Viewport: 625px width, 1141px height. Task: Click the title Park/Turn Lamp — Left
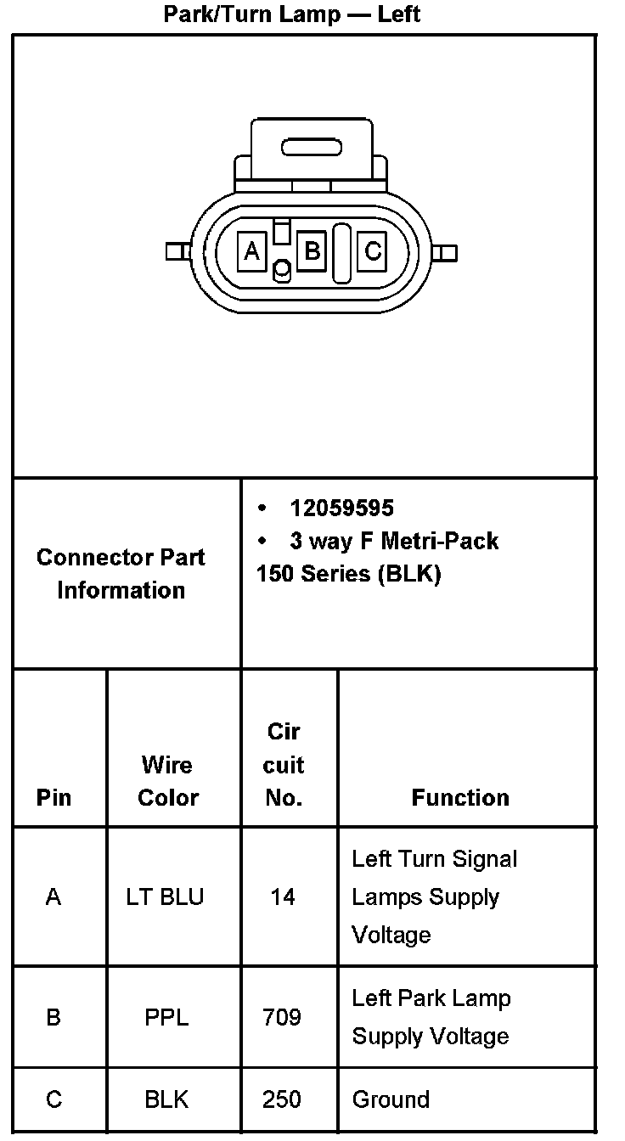[291, 14]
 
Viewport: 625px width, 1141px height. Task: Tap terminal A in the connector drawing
[251, 251]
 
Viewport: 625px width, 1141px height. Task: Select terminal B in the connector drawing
[312, 251]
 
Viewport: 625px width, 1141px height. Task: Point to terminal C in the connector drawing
[372, 251]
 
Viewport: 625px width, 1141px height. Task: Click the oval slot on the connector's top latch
[312, 149]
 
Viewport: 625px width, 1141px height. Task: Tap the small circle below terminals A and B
[282, 271]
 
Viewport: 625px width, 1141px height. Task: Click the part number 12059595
[341, 508]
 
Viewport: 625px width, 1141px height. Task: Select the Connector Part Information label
[121, 574]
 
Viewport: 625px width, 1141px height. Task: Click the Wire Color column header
[167, 781]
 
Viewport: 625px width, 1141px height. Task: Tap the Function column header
[460, 797]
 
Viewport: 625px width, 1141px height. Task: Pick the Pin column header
[54, 797]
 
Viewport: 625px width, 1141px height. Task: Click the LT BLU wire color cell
[166, 896]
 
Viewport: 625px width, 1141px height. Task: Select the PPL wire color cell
[166, 1017]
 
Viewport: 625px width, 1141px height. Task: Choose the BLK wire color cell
[166, 1099]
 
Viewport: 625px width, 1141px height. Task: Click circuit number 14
[283, 896]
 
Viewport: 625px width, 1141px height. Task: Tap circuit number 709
[282, 1017]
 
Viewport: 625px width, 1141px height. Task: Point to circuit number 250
[282, 1099]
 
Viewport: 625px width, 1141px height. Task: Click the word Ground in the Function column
[391, 1099]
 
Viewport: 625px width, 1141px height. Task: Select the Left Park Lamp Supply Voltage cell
[431, 1017]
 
